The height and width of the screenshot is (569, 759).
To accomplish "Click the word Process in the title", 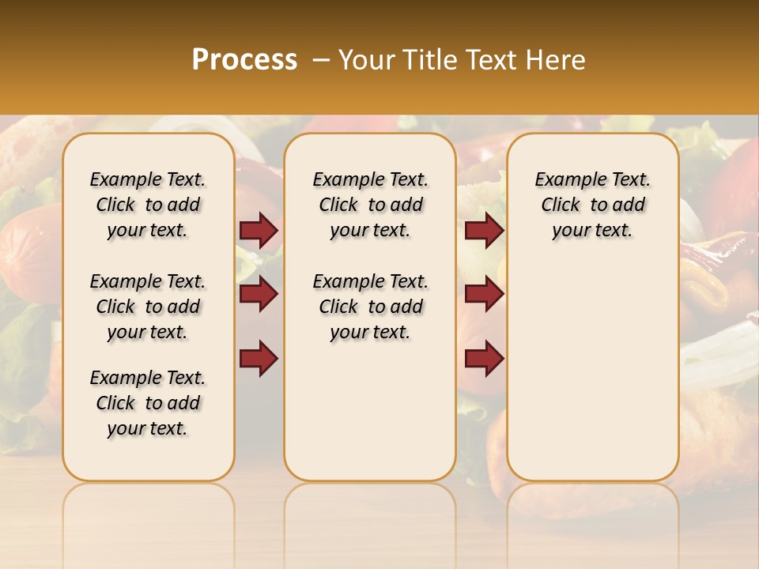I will click(x=244, y=60).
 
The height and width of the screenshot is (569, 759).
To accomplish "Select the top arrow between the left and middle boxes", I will click(x=259, y=231).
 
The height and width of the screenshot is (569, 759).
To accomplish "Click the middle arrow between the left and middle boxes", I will click(x=259, y=295).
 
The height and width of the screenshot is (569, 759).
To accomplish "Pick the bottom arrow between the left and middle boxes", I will click(x=259, y=358).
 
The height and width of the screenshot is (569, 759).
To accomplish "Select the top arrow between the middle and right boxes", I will click(x=484, y=231).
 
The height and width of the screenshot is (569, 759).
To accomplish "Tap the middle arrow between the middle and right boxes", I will click(x=484, y=295).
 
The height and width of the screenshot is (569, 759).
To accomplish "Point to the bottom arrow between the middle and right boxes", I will click(x=484, y=358).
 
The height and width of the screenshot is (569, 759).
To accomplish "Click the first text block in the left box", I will click(x=148, y=205).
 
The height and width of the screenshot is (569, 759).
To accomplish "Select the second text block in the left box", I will click(x=148, y=307).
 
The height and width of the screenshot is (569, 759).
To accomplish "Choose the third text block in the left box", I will click(x=148, y=403).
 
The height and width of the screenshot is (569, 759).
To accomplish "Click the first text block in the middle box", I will click(x=370, y=205).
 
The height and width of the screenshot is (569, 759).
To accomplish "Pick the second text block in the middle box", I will click(x=370, y=307).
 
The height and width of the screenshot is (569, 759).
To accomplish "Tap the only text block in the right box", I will click(x=593, y=205).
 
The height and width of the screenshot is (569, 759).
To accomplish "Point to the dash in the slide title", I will click(x=321, y=60).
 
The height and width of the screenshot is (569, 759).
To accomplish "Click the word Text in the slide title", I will click(x=490, y=60).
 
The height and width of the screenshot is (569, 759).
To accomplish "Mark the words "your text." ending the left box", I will click(x=148, y=428).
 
